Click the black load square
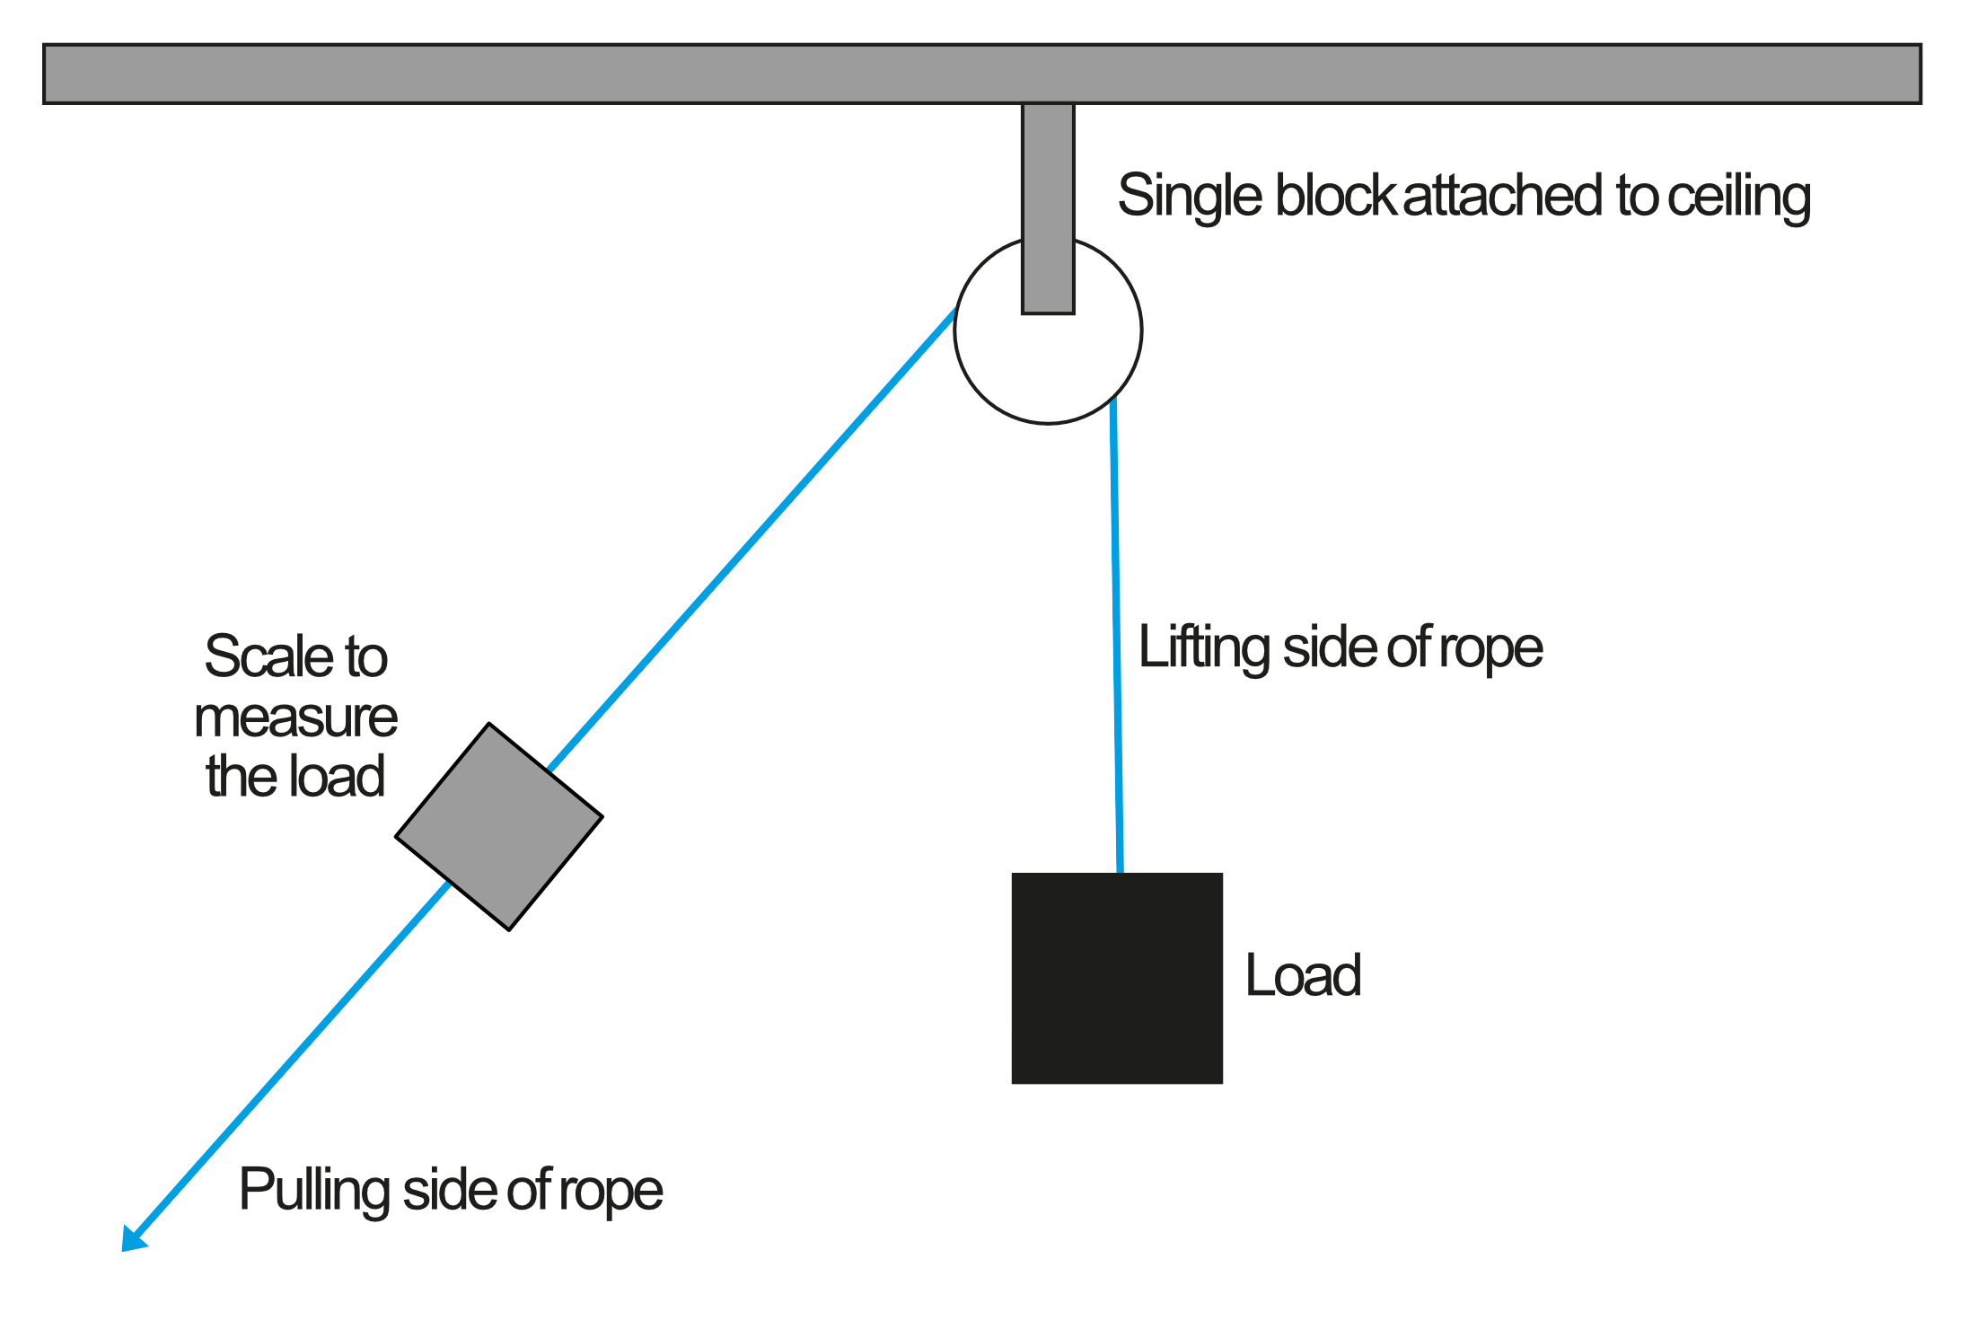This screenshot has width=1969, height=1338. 1116,978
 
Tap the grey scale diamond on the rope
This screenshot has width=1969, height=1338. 499,826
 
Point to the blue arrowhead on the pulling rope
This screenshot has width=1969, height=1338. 133,1238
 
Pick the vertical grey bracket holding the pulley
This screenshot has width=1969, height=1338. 1048,207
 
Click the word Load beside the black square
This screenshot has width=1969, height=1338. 1303,975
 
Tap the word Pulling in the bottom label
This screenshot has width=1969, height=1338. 313,1190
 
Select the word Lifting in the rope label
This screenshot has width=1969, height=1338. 1203,647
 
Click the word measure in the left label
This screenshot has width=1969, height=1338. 295,717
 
